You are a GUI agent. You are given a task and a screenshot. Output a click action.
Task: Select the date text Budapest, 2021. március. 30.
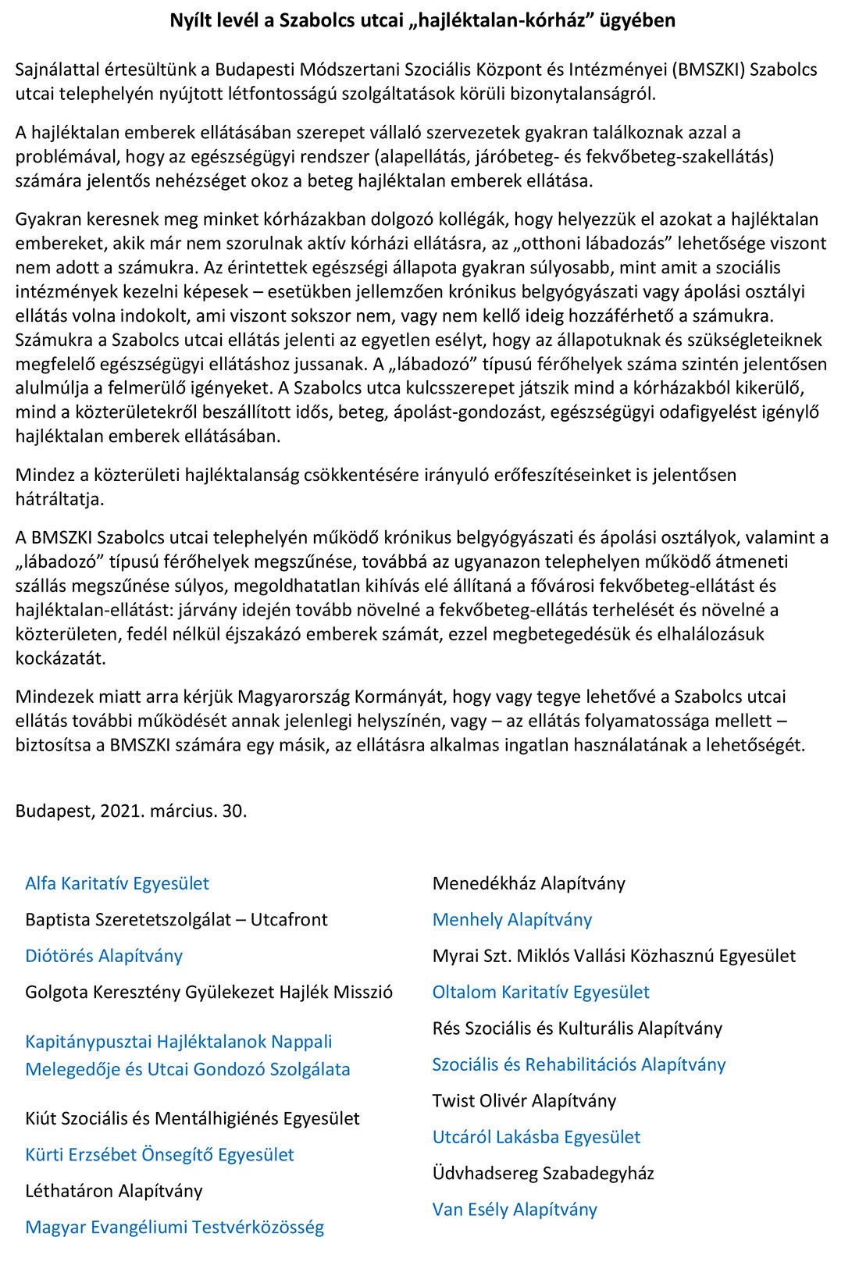pos(131,811)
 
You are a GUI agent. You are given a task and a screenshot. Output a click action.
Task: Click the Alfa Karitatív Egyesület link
pos(117,883)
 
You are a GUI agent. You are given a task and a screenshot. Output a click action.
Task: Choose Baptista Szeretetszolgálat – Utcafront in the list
pos(176,919)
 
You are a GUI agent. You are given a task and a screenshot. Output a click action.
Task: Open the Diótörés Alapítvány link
pos(104,956)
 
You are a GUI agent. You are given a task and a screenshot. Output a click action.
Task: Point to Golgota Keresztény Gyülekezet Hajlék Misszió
pos(209,992)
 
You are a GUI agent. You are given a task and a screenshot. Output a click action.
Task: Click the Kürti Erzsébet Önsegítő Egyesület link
pos(159,1154)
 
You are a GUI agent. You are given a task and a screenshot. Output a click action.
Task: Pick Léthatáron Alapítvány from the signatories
pos(113,1191)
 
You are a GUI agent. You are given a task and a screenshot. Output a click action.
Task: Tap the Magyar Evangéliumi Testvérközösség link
pos(174,1227)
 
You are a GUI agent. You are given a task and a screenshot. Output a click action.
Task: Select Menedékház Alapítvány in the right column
pos(529,883)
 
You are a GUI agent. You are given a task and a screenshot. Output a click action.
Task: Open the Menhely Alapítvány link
pos(512,919)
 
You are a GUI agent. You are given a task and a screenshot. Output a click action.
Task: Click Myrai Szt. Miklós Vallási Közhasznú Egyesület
pos(614,955)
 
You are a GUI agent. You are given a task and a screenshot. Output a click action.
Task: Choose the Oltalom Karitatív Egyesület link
pos(540,992)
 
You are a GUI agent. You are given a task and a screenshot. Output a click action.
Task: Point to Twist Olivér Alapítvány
pos(524,1100)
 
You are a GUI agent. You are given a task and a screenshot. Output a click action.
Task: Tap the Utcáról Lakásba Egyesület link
pos(536,1136)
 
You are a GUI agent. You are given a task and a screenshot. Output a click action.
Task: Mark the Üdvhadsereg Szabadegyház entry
pos(543,1173)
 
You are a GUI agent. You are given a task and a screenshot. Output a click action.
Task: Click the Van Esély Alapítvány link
pos(515,1209)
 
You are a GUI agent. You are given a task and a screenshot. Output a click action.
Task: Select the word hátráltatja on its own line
pos(59,499)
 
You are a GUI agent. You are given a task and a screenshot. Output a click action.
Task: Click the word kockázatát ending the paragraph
pos(60,658)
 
